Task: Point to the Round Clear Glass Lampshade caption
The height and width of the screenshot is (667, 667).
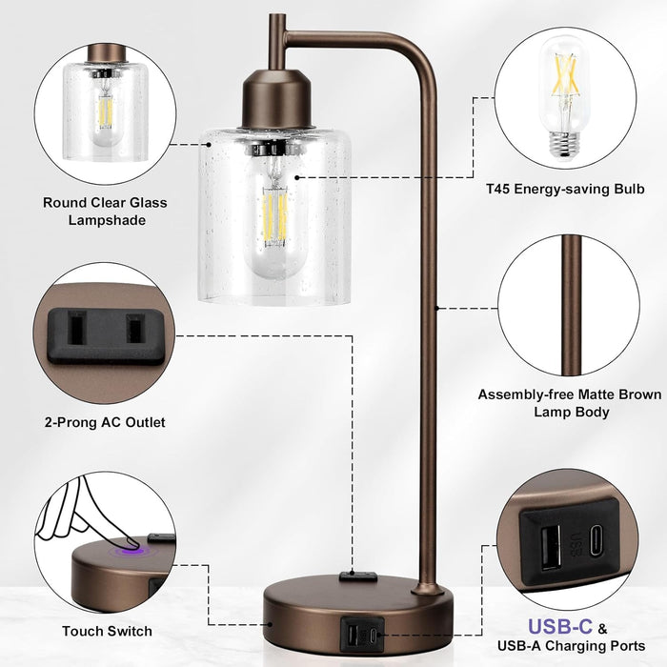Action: [x=105, y=211]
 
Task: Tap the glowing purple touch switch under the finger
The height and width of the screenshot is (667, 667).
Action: [x=126, y=549]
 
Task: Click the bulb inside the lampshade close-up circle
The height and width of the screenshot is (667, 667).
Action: [x=105, y=114]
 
